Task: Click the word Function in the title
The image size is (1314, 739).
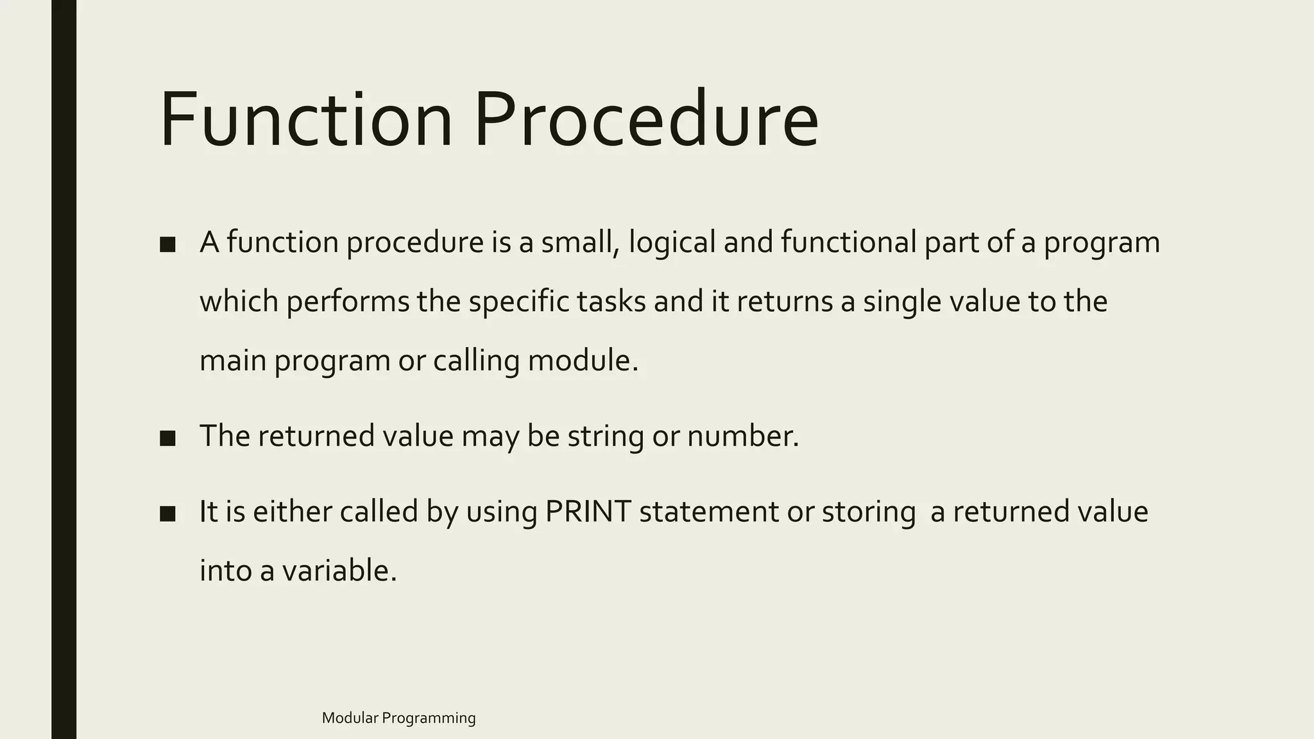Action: click(307, 121)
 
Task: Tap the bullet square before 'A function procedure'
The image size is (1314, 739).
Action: click(167, 244)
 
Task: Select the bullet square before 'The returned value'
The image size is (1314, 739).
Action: click(167, 438)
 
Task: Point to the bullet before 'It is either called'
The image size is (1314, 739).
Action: click(167, 514)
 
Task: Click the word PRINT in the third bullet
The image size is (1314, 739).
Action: click(588, 512)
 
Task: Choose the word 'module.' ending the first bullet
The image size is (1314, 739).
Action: click(583, 361)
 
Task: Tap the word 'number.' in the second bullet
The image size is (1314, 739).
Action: click(743, 436)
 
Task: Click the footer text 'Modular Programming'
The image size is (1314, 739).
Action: click(398, 718)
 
